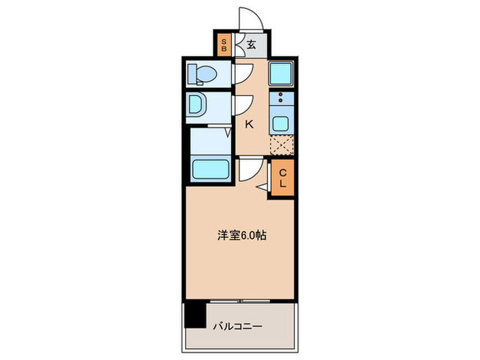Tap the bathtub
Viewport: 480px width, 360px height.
tap(209, 169)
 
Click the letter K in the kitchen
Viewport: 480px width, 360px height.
tap(249, 124)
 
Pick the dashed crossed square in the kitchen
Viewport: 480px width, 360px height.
tap(281, 145)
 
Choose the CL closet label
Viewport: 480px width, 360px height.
tap(282, 179)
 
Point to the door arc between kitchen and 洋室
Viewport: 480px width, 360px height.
tap(248, 167)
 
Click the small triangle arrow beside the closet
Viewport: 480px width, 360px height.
tap(263, 186)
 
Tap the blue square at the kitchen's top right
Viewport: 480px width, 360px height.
tap(280, 73)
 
